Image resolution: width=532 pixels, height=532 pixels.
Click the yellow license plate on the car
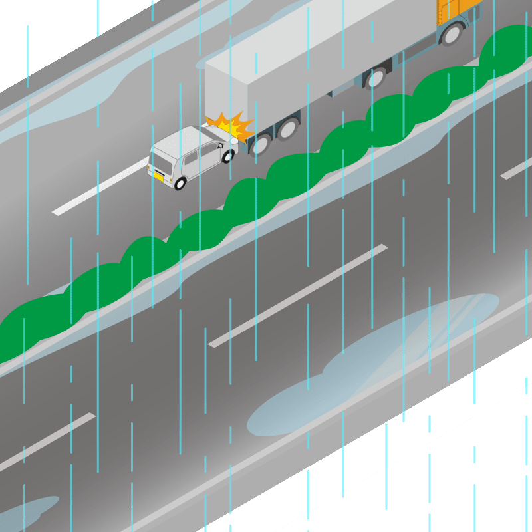[x=159, y=176]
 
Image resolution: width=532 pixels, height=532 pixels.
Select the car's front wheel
[x=228, y=157]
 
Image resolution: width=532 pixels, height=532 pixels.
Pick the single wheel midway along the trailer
[x=376, y=78]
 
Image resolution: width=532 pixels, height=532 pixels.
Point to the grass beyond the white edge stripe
[x=465, y=479]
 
